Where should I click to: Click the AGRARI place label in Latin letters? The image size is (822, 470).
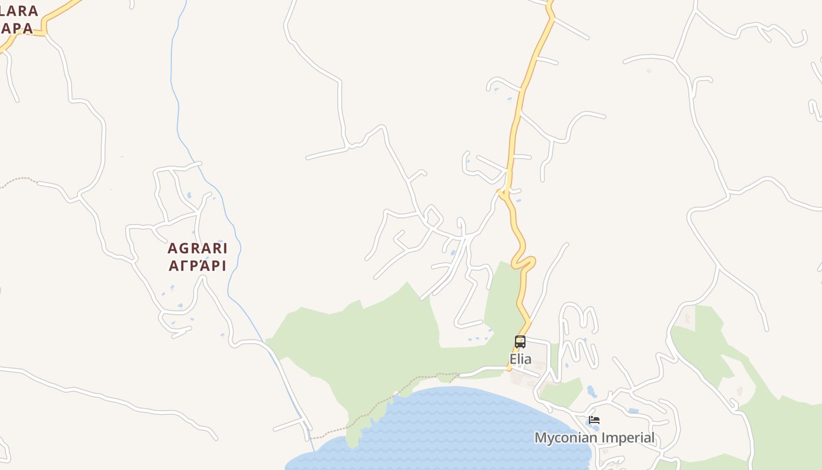coord(197,249)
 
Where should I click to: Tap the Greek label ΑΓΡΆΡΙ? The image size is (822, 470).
coord(197,266)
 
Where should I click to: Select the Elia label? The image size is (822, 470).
coord(520,359)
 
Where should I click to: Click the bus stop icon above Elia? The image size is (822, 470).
coord(520,341)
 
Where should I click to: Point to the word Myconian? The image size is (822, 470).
coord(566,438)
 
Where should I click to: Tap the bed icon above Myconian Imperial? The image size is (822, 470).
coord(594,420)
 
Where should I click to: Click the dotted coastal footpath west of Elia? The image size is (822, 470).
coord(411,385)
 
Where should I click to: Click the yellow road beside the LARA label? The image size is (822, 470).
coord(59,15)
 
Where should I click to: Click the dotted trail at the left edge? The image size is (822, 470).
coord(18,179)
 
